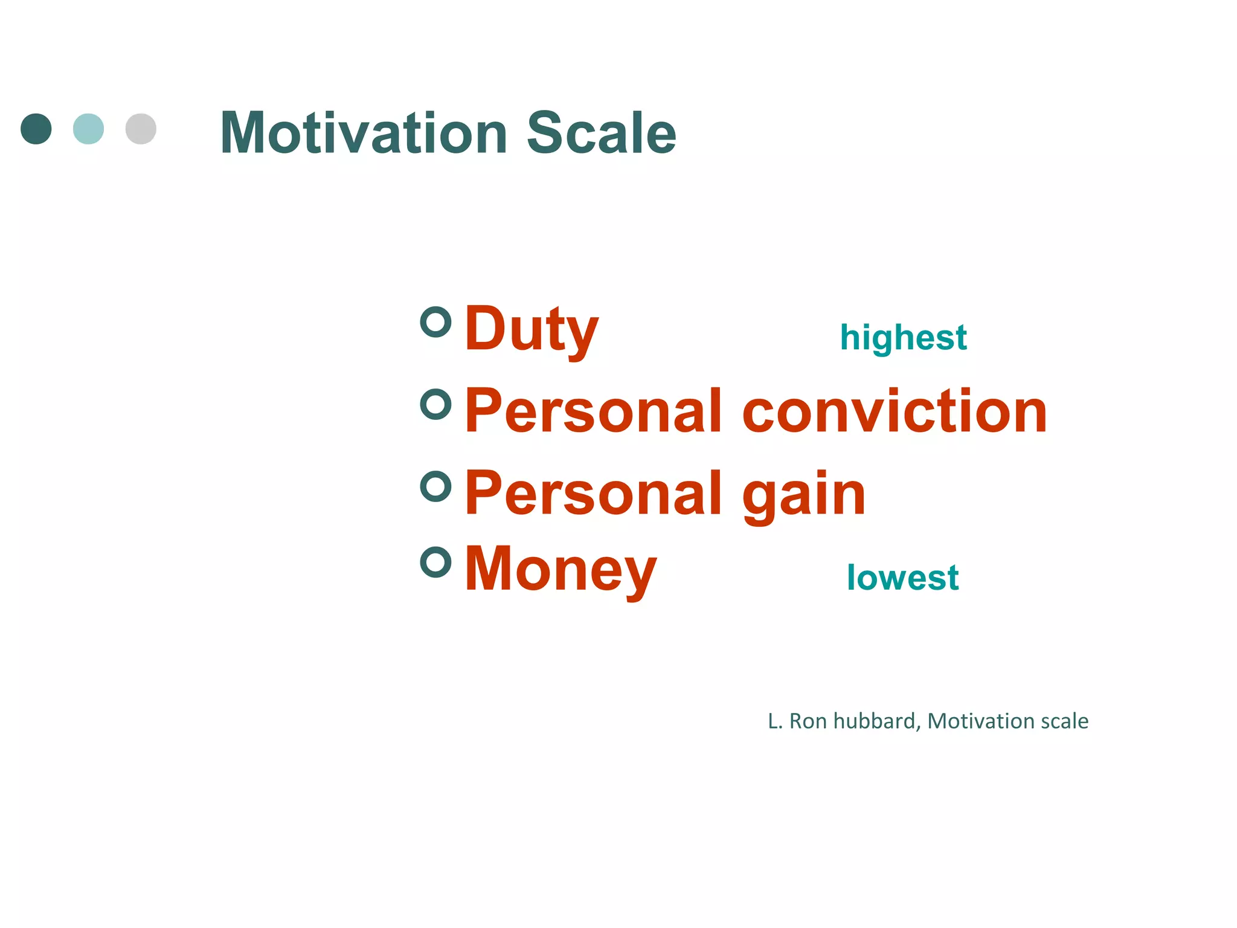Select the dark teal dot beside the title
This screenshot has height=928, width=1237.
coord(36,129)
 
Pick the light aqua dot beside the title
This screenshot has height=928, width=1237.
coord(88,129)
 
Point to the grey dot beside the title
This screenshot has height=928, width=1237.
coord(141,129)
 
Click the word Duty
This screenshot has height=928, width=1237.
coord(532,329)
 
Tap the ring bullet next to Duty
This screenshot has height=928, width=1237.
coord(436,321)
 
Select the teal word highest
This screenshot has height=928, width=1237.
coord(903,337)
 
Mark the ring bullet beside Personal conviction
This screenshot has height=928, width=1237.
coord(436,404)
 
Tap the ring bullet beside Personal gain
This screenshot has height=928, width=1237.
coord(436,486)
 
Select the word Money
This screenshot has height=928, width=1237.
coord(561,569)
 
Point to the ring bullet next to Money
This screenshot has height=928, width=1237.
coord(436,562)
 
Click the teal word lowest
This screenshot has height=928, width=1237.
coord(902,578)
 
